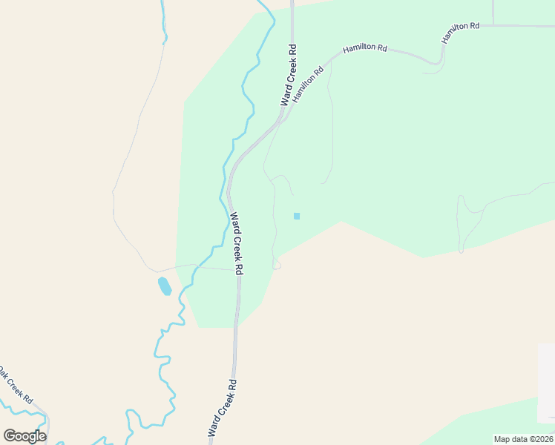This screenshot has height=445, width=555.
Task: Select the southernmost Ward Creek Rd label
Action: (223, 407)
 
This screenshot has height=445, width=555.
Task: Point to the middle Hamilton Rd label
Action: (365, 48)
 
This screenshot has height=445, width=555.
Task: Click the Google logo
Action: (24, 435)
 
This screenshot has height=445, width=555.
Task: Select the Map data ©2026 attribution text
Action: (524, 439)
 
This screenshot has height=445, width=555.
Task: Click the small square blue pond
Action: (297, 216)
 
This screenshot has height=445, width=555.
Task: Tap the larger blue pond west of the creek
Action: (165, 286)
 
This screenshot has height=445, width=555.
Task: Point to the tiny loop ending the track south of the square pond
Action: (277, 265)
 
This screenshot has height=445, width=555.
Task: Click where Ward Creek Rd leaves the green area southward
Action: (236, 326)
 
